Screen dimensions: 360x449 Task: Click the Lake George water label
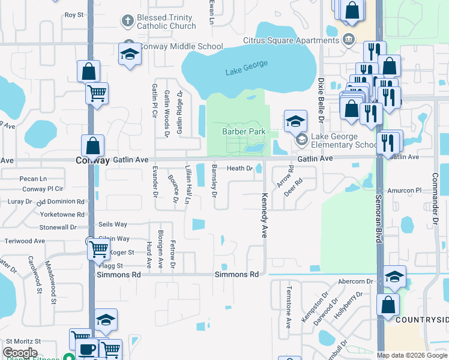(x=246, y=72)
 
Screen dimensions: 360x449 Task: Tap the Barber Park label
(x=244, y=131)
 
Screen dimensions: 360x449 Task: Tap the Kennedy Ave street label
(x=264, y=215)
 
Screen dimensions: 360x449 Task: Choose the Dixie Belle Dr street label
(x=321, y=100)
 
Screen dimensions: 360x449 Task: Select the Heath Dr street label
(x=240, y=169)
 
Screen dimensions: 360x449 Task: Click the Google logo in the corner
(x=20, y=353)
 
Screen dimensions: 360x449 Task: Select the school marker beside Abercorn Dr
(x=394, y=276)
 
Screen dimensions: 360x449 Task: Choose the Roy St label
(x=73, y=14)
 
